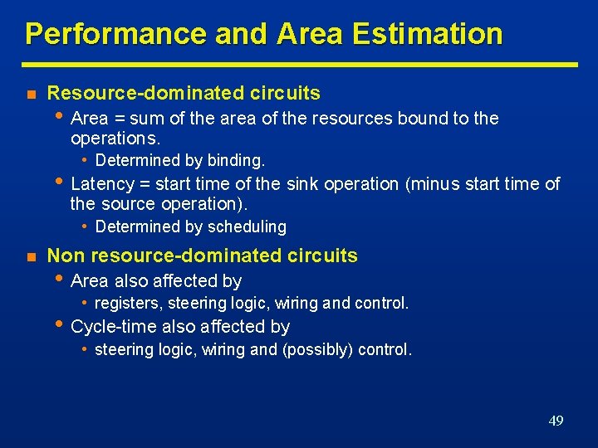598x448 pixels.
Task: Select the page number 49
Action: pos(556,421)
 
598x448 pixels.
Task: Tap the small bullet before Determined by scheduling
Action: pos(86,226)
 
